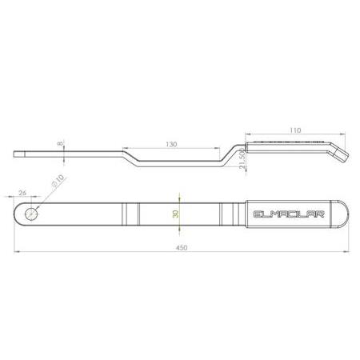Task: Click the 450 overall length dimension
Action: point(181,247)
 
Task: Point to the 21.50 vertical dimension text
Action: point(241,162)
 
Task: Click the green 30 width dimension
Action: point(176,214)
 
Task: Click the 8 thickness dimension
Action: point(60,146)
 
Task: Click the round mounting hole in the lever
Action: point(31,214)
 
